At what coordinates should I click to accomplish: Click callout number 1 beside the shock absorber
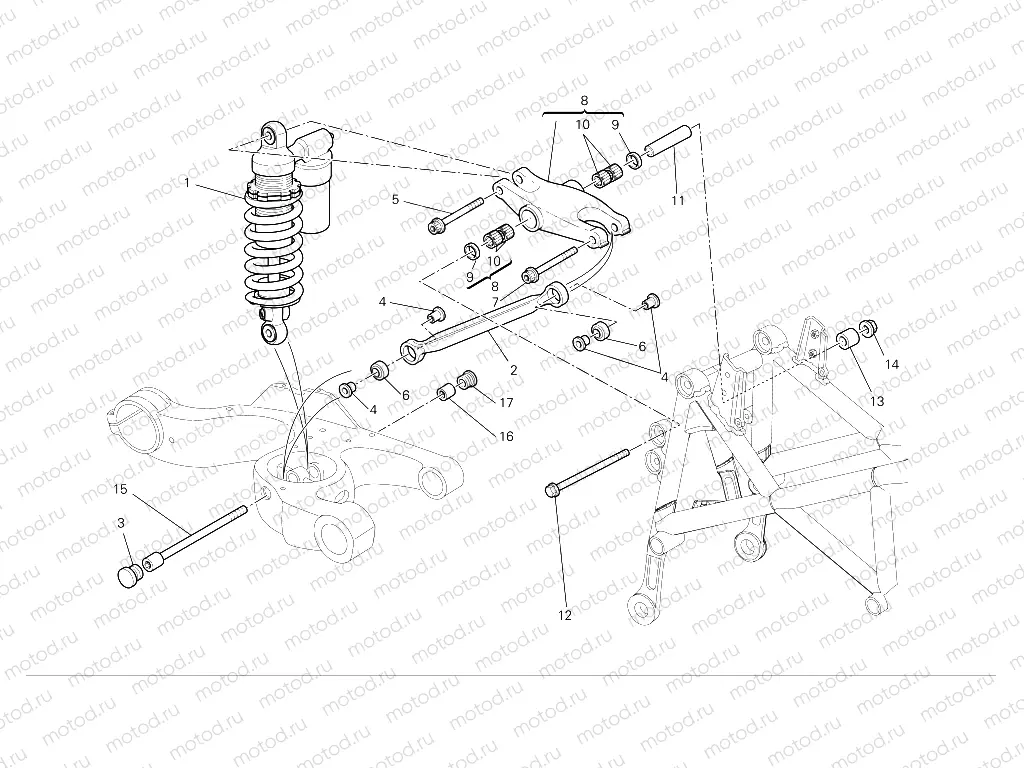tap(186, 183)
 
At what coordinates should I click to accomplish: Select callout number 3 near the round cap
tap(121, 524)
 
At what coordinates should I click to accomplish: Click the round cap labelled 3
tap(130, 577)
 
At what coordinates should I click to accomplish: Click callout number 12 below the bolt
tap(565, 615)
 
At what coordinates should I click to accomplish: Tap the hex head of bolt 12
tap(552, 489)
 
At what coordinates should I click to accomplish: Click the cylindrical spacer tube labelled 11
tap(669, 141)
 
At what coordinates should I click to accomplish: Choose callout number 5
tap(396, 200)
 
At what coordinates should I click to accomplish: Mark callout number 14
tap(891, 365)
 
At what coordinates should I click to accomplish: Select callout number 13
tap(877, 401)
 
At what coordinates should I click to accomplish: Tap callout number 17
tap(506, 403)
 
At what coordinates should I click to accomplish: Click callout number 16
tap(506, 436)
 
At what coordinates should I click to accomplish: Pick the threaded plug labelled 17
tap(466, 379)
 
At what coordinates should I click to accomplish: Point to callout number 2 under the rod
tap(513, 370)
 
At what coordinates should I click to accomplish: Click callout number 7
tap(494, 301)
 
